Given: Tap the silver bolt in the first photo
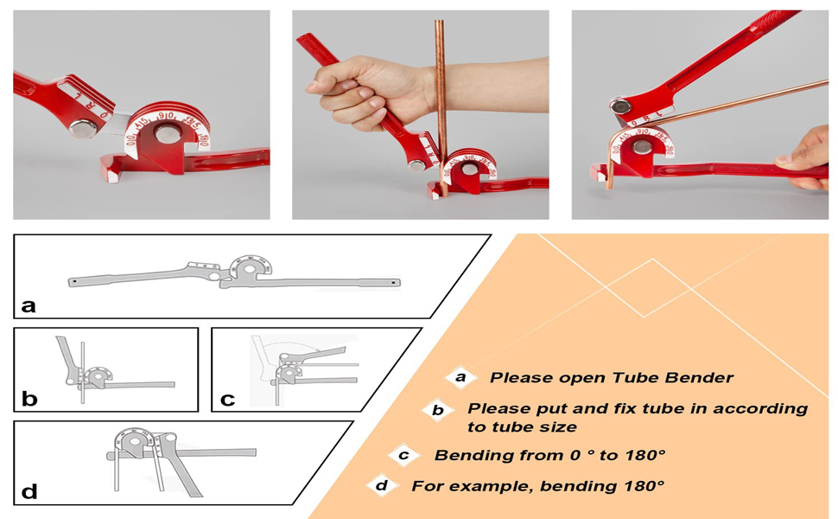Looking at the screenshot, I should [84, 129].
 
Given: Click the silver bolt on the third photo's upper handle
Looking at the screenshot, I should [619, 107].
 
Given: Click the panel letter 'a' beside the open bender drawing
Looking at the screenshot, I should [29, 305].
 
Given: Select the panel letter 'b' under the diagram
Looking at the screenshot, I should [29, 399].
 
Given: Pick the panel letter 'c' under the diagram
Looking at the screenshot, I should [228, 399].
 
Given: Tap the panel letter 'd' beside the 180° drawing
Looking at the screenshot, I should [29, 492].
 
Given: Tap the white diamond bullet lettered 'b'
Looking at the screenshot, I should [438, 410].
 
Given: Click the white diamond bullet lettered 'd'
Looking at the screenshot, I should [380, 485].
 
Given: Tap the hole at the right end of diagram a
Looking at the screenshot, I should [396, 282].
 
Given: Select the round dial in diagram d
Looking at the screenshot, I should [133, 445].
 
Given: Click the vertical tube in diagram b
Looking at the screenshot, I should [82, 372].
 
